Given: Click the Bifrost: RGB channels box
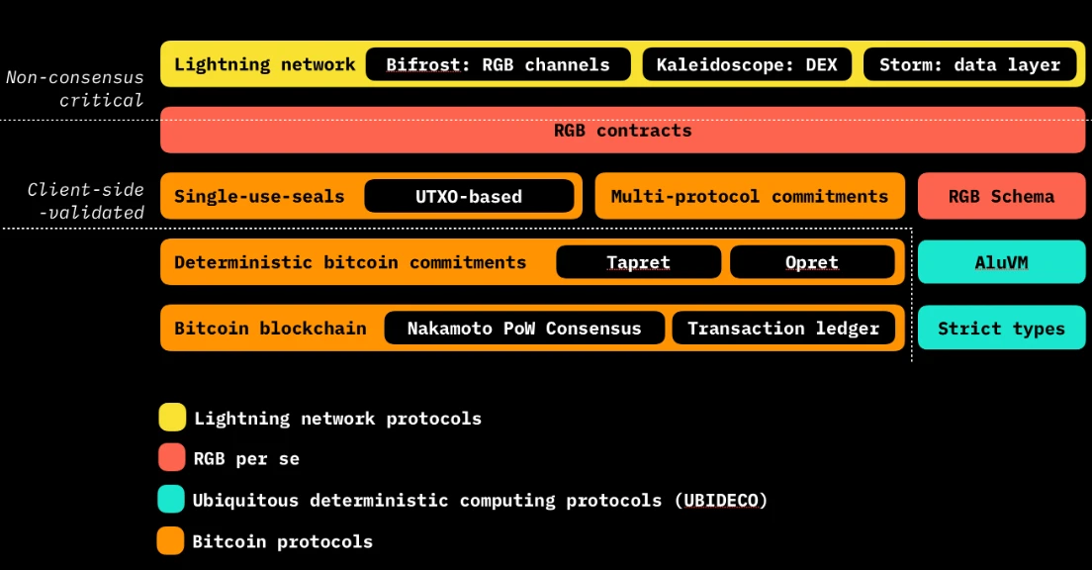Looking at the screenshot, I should click(x=498, y=65).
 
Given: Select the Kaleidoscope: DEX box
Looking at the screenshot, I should click(x=747, y=65).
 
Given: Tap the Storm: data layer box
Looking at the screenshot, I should click(x=970, y=65).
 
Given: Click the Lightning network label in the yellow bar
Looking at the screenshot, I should click(x=264, y=64).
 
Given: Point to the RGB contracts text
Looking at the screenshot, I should click(x=622, y=131).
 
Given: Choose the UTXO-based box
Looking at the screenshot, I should click(x=469, y=196).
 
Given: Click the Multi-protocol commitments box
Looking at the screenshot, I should click(x=749, y=196).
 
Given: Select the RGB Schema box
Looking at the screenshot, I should click(x=1001, y=196).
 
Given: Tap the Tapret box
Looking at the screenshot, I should click(x=638, y=262).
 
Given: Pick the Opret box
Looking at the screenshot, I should click(x=812, y=262).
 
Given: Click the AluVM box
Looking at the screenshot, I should click(x=1001, y=262).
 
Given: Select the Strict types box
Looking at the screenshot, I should click(x=1001, y=329).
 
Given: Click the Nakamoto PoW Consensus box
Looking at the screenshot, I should click(x=523, y=329).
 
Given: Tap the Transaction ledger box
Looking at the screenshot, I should click(x=783, y=329).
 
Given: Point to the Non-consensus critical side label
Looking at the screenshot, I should click(x=75, y=88).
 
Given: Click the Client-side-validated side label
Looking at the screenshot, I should click(x=85, y=201).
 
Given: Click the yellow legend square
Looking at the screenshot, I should click(x=172, y=418).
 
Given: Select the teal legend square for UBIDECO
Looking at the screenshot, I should click(x=171, y=500).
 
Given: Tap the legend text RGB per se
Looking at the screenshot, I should click(x=246, y=459).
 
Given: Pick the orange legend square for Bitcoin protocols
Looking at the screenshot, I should click(x=171, y=541).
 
